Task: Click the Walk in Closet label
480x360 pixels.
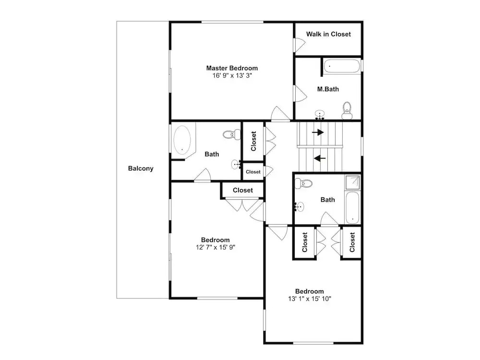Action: [328, 34]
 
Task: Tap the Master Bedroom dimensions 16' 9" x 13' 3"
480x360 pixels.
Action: [232, 76]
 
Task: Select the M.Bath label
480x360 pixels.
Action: [328, 89]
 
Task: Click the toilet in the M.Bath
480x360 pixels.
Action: [347, 110]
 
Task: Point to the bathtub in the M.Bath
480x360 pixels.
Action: [342, 66]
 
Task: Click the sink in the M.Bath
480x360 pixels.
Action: [320, 115]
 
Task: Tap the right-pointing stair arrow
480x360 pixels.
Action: [318, 132]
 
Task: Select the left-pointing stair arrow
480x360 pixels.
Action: [320, 158]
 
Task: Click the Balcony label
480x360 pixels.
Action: [141, 168]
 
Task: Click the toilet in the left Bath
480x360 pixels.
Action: [232, 134]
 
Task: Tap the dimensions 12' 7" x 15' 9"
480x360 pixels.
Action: [216, 247]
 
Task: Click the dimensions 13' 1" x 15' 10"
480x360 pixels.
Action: [310, 299]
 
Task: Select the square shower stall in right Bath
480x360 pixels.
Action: [353, 182]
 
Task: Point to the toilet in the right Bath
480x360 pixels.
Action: [303, 183]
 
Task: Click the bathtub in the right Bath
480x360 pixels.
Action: [352, 208]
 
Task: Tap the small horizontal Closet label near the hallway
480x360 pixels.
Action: [253, 172]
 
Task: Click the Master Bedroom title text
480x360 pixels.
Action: [232, 68]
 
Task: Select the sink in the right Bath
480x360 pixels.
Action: [300, 207]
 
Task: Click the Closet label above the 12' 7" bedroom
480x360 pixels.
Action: [243, 190]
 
